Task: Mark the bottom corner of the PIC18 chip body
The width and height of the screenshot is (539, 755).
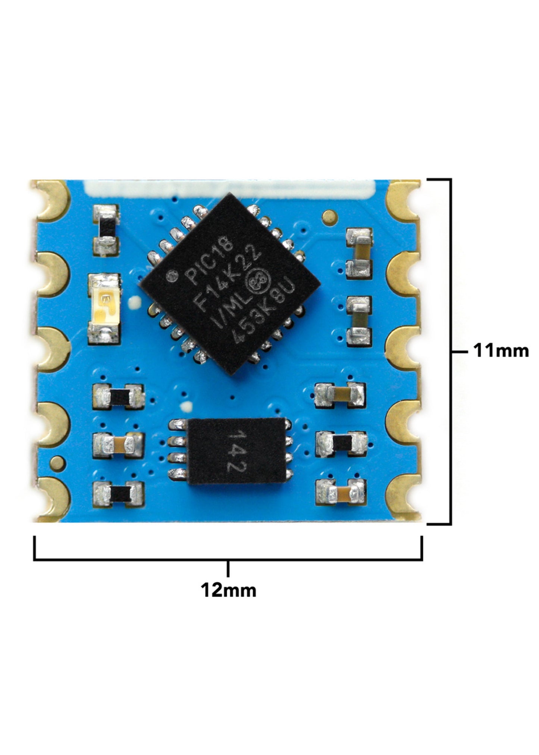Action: [231, 374]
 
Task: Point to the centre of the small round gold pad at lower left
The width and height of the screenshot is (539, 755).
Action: [58, 463]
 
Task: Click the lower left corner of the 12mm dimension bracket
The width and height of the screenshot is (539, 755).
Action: [35, 559]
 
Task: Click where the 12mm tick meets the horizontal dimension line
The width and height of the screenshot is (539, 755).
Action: [228, 559]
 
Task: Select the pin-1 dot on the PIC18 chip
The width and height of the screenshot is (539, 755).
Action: [172, 277]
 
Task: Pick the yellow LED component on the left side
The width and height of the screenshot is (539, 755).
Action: [105, 309]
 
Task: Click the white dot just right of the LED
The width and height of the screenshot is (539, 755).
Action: [134, 303]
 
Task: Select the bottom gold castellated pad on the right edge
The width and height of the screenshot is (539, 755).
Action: [403, 498]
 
